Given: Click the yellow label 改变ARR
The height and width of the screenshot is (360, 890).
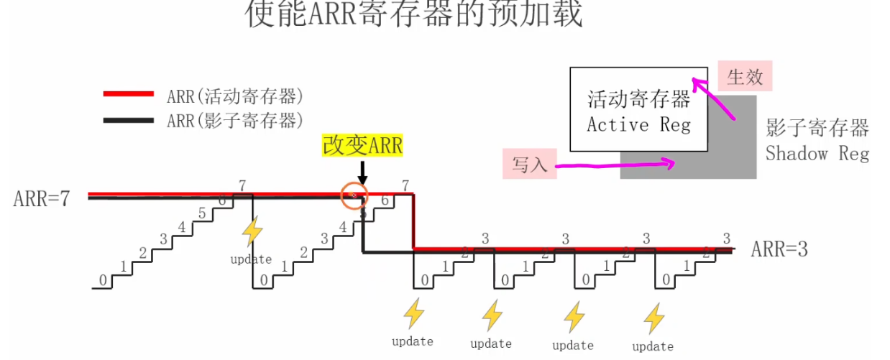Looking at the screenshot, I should tap(362, 146).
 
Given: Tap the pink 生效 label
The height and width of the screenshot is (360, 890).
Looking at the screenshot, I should tap(745, 77).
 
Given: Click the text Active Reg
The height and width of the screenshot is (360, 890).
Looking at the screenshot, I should tap(638, 124).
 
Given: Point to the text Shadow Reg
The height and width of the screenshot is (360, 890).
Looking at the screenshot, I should tap(817, 153).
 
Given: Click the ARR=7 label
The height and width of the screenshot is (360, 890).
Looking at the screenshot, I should tap(42, 198).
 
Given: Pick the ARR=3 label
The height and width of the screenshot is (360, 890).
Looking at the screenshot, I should tap(779, 249).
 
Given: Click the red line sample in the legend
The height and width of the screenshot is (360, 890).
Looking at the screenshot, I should tap(129, 94).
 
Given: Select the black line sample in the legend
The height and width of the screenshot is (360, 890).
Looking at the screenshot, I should tap(129, 119).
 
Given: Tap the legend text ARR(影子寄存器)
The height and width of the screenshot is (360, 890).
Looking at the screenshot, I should tap(234, 119).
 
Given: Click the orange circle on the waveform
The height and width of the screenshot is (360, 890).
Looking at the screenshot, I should tap(353, 195).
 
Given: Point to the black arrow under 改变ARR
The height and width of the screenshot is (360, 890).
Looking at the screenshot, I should tap(362, 172).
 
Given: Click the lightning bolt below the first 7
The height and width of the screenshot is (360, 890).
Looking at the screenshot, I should tap(252, 233).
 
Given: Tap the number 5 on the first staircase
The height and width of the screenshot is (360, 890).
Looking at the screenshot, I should tap(202, 213).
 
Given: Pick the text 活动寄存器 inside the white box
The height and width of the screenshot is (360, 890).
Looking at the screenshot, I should tap(638, 99).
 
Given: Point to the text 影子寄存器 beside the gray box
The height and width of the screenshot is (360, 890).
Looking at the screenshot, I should tap(817, 129).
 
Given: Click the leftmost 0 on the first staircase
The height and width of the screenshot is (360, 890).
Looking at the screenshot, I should tap(104, 280).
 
